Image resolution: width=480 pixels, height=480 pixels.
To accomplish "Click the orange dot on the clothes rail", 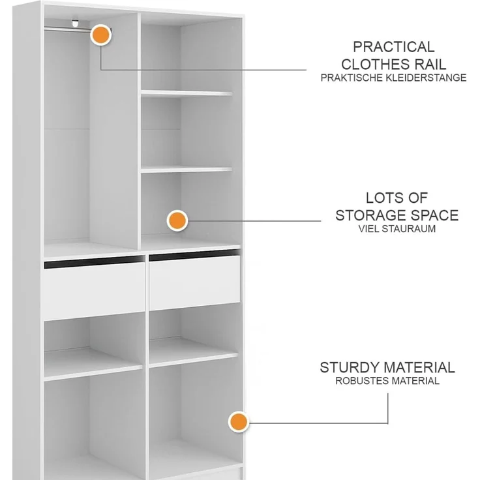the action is (x=100, y=35).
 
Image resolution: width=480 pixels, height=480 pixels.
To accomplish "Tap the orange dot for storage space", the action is (x=177, y=220).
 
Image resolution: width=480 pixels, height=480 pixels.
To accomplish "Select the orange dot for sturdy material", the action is (x=239, y=421).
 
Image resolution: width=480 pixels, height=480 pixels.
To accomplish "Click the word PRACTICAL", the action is (x=394, y=47).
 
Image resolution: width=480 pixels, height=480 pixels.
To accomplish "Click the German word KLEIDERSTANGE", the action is (x=426, y=78).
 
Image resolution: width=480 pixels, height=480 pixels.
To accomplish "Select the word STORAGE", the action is (x=371, y=215).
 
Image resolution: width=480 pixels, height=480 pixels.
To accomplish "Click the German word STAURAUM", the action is (x=409, y=229).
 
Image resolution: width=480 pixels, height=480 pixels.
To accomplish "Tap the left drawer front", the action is (x=95, y=291).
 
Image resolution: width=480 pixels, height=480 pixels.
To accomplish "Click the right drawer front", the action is (x=195, y=282).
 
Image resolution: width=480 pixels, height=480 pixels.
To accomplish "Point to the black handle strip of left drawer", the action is (x=95, y=262).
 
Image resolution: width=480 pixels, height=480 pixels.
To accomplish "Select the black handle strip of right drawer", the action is (x=194, y=255).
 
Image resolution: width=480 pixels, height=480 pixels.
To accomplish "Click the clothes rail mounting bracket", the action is (x=75, y=23).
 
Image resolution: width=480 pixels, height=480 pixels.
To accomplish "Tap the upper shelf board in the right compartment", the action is (x=187, y=93).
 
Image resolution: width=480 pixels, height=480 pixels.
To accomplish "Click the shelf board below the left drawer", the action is (x=93, y=365).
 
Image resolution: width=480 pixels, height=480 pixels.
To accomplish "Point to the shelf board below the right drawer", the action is (x=194, y=352).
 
